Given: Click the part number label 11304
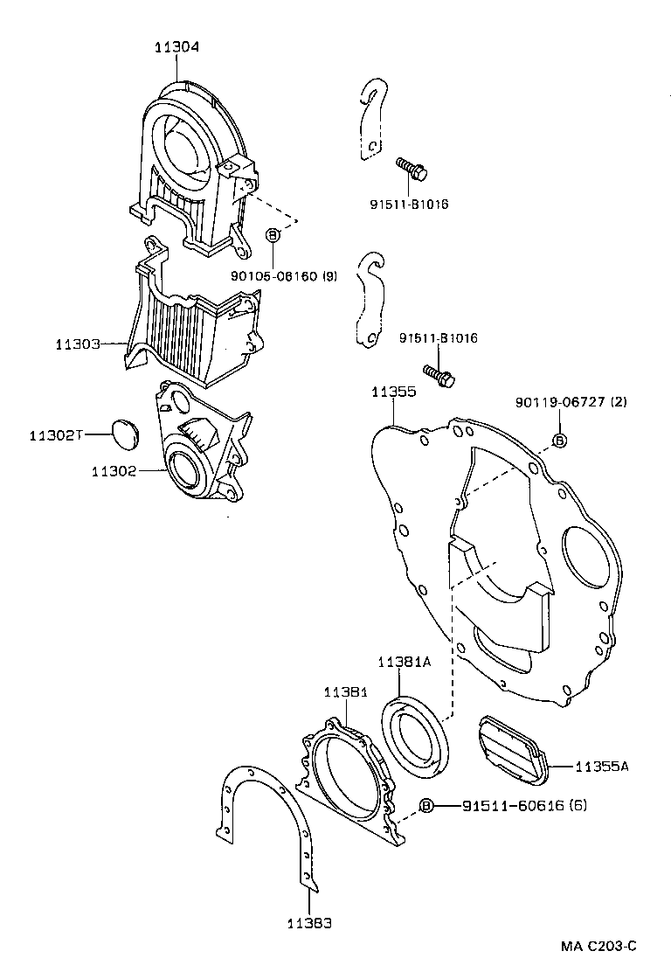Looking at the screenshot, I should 177,47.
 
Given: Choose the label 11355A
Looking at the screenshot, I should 602,767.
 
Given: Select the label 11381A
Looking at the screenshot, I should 405,663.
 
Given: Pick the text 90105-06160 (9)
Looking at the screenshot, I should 284,276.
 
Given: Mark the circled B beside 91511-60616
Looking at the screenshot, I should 426,805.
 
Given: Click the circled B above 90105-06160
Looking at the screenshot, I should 273,235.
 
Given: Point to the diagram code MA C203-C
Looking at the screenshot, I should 598,947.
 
